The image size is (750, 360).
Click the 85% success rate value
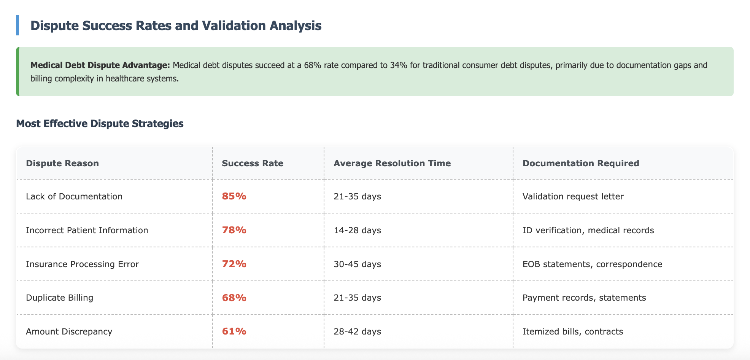(x=234, y=196)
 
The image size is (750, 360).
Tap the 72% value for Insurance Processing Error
(x=234, y=264)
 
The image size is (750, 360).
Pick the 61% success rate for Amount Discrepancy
(x=234, y=331)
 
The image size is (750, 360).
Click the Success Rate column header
(x=253, y=163)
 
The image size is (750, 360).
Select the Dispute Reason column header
(x=62, y=163)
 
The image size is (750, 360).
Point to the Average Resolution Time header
(x=392, y=163)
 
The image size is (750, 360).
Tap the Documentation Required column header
(x=581, y=163)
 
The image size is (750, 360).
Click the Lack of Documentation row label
(x=74, y=196)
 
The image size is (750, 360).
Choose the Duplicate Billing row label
(x=60, y=298)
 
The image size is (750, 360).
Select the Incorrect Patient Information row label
(x=87, y=230)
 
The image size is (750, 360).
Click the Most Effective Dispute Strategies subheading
(x=100, y=124)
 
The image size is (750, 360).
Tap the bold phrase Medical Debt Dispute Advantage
(x=100, y=65)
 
